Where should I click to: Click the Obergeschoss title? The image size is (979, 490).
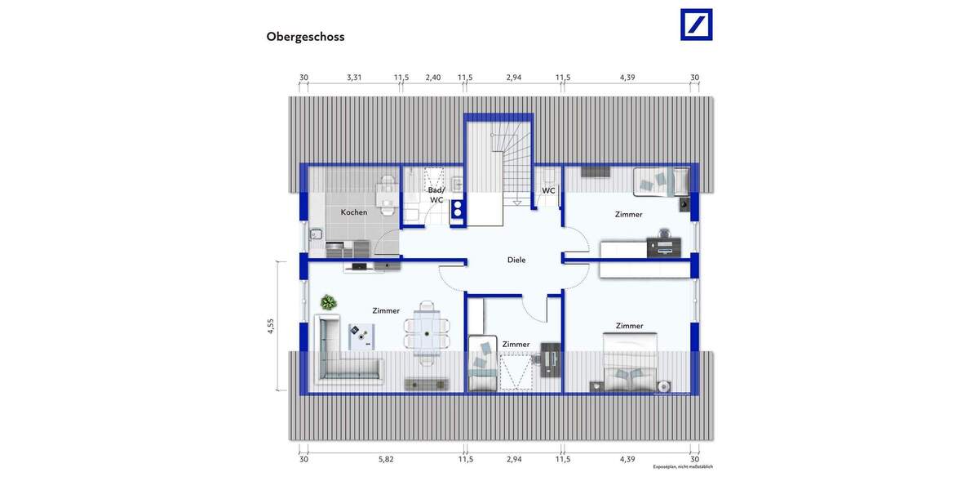point(305,37)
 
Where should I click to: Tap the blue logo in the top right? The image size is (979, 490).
point(696,24)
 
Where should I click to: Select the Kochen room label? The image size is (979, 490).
point(354,212)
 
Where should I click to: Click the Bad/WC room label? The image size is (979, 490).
point(436,194)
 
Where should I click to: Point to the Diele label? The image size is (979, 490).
point(516,260)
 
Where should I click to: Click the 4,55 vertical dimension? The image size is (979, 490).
point(271,327)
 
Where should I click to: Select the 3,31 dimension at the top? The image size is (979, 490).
point(353,78)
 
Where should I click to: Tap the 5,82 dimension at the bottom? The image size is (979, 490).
point(386,460)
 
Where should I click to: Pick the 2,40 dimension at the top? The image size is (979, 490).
point(433,78)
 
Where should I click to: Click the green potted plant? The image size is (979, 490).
point(328,303)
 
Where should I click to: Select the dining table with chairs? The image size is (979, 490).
point(426,329)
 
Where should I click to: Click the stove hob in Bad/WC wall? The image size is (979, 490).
point(457,208)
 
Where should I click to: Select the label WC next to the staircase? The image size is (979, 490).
point(549,191)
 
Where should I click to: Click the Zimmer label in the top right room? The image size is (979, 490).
point(628,214)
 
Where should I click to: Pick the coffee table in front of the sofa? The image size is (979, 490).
point(360,336)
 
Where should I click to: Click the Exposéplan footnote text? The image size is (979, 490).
point(682,467)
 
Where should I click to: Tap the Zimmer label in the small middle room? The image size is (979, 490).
point(516,345)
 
